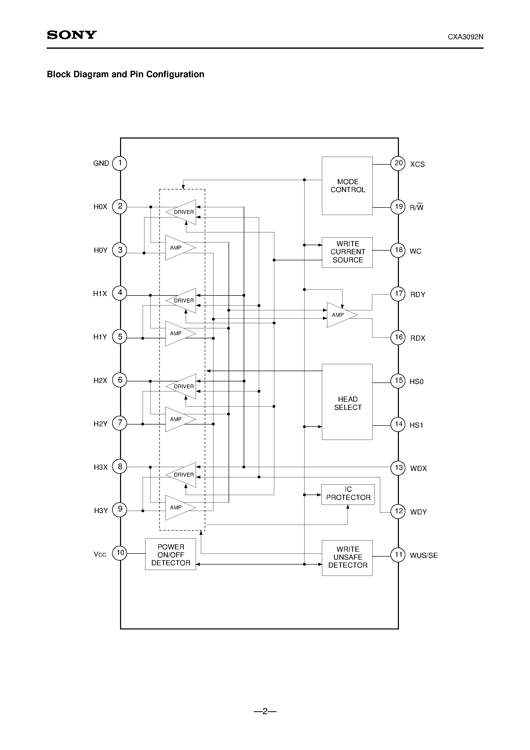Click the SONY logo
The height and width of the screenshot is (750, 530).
(x=72, y=35)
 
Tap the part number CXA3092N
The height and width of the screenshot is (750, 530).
(x=465, y=37)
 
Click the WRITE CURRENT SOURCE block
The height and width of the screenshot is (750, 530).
(x=347, y=252)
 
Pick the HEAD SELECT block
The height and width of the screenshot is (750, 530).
(x=347, y=402)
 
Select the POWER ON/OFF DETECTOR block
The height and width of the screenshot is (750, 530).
(x=171, y=555)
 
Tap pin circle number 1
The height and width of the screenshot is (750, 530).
(x=120, y=163)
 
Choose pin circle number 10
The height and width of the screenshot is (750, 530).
(x=120, y=553)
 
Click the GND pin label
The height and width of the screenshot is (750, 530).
(x=101, y=163)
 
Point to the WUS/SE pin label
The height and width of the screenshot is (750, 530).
(x=424, y=555)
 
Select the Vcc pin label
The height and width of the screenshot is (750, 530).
(x=100, y=554)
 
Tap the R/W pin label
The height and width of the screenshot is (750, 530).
(x=416, y=208)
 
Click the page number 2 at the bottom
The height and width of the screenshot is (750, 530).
(x=265, y=711)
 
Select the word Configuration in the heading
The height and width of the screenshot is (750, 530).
(x=175, y=74)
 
